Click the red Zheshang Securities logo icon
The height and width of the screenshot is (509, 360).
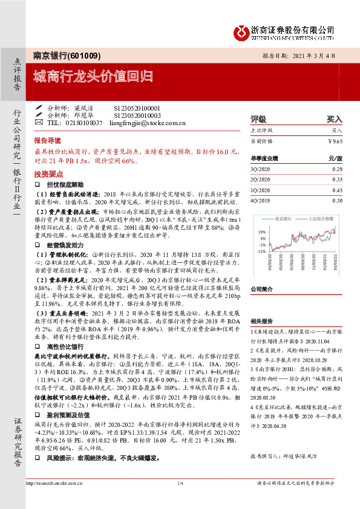coord(241,30)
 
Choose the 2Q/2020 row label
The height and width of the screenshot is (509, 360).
coord(260,180)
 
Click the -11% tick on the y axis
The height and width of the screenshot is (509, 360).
coord(261,250)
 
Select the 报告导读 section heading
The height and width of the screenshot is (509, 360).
coord(48,138)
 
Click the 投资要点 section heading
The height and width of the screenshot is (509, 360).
coord(48,172)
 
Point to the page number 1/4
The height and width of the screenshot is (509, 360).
coord(180,500)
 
